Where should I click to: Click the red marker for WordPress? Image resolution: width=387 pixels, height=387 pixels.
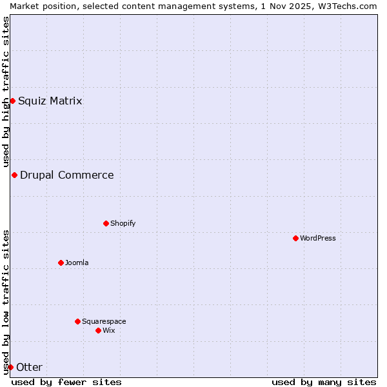[x=295, y=238]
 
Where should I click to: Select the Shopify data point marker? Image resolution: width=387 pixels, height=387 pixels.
[x=106, y=223]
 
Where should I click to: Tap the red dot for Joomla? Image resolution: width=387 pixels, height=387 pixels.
[x=61, y=263]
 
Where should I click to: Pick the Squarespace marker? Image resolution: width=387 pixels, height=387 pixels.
[x=77, y=321]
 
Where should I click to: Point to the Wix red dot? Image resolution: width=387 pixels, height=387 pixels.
[x=98, y=330]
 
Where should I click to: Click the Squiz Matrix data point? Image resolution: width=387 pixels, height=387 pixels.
[x=12, y=101]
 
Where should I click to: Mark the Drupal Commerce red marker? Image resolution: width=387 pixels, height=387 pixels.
[x=14, y=175]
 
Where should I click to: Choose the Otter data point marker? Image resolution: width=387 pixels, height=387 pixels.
[x=10, y=367]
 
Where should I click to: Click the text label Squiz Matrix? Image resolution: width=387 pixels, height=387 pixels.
[x=50, y=101]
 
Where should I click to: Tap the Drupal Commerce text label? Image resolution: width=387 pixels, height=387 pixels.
[x=67, y=175]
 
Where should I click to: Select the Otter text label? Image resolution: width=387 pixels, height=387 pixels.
[x=29, y=367]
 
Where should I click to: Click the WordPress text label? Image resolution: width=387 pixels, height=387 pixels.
[x=318, y=238]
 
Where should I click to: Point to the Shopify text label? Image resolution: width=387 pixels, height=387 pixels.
[x=123, y=223]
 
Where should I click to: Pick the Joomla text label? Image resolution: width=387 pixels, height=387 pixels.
[x=77, y=263]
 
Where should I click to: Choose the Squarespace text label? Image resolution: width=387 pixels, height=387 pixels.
[x=104, y=321]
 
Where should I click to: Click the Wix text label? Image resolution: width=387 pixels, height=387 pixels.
[x=108, y=330]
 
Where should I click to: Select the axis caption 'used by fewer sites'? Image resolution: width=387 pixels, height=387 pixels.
[x=66, y=382]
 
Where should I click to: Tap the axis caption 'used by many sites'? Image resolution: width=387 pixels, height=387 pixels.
[x=324, y=382]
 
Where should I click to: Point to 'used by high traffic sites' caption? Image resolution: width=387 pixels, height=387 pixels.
[x=6, y=92]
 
